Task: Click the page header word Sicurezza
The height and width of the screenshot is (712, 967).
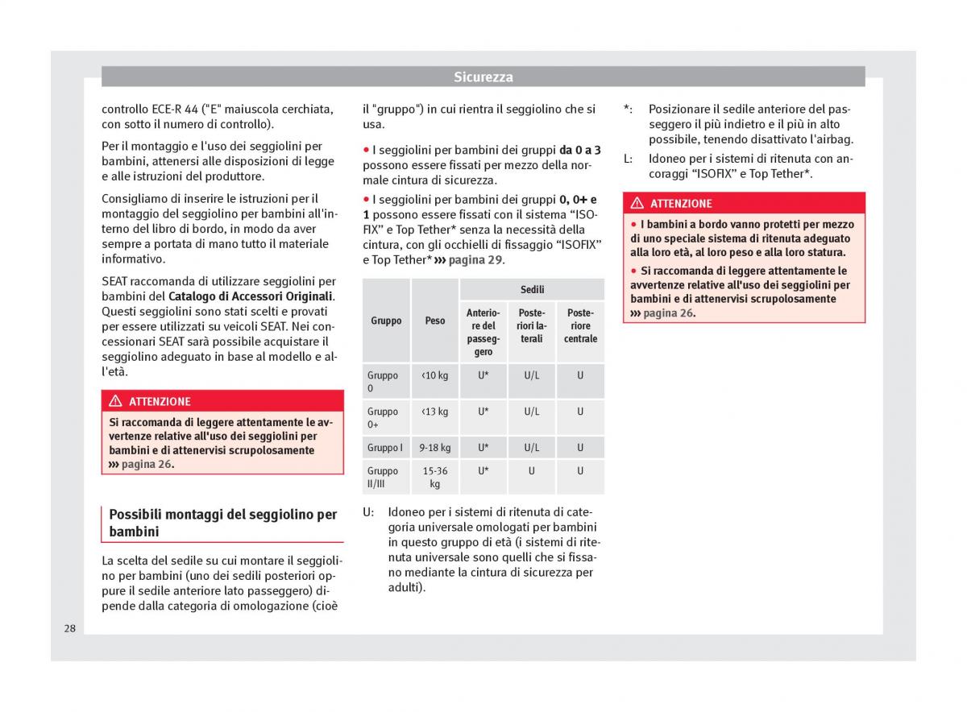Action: [x=483, y=77]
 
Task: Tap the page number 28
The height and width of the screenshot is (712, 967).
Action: [x=70, y=628]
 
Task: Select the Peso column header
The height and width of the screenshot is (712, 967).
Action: [x=435, y=321]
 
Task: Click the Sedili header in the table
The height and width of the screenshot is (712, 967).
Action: [x=532, y=290]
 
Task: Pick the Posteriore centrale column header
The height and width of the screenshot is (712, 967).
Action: [x=580, y=326]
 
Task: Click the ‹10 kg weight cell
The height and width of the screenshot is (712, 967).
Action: [x=435, y=375]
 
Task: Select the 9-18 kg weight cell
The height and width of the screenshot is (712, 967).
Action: [x=435, y=448]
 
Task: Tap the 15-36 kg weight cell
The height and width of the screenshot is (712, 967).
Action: [x=435, y=477]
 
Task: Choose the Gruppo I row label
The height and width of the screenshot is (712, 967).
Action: [x=384, y=448]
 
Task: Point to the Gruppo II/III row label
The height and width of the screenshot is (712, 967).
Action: [x=383, y=477]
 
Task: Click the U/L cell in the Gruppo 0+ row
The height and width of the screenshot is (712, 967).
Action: [x=532, y=412]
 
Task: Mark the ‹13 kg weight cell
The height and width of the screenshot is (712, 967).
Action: [x=435, y=412]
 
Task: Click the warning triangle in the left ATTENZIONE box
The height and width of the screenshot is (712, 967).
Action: [x=115, y=401]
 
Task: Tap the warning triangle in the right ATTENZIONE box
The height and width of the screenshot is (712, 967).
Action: [x=637, y=204]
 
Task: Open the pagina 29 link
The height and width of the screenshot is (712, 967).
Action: [x=475, y=260]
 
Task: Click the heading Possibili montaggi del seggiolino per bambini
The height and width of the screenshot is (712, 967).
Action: [x=222, y=523]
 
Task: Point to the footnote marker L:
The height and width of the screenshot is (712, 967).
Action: [x=629, y=159]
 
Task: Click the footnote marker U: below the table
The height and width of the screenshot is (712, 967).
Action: [x=368, y=511]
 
